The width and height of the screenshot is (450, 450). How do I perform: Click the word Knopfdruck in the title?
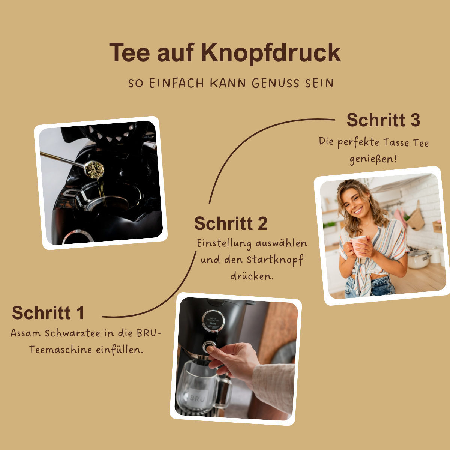270,53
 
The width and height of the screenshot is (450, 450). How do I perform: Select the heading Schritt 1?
48,313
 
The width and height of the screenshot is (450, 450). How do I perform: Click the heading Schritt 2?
231,224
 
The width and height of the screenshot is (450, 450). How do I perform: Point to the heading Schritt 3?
383,120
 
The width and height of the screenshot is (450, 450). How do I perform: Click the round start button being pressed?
209,346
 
